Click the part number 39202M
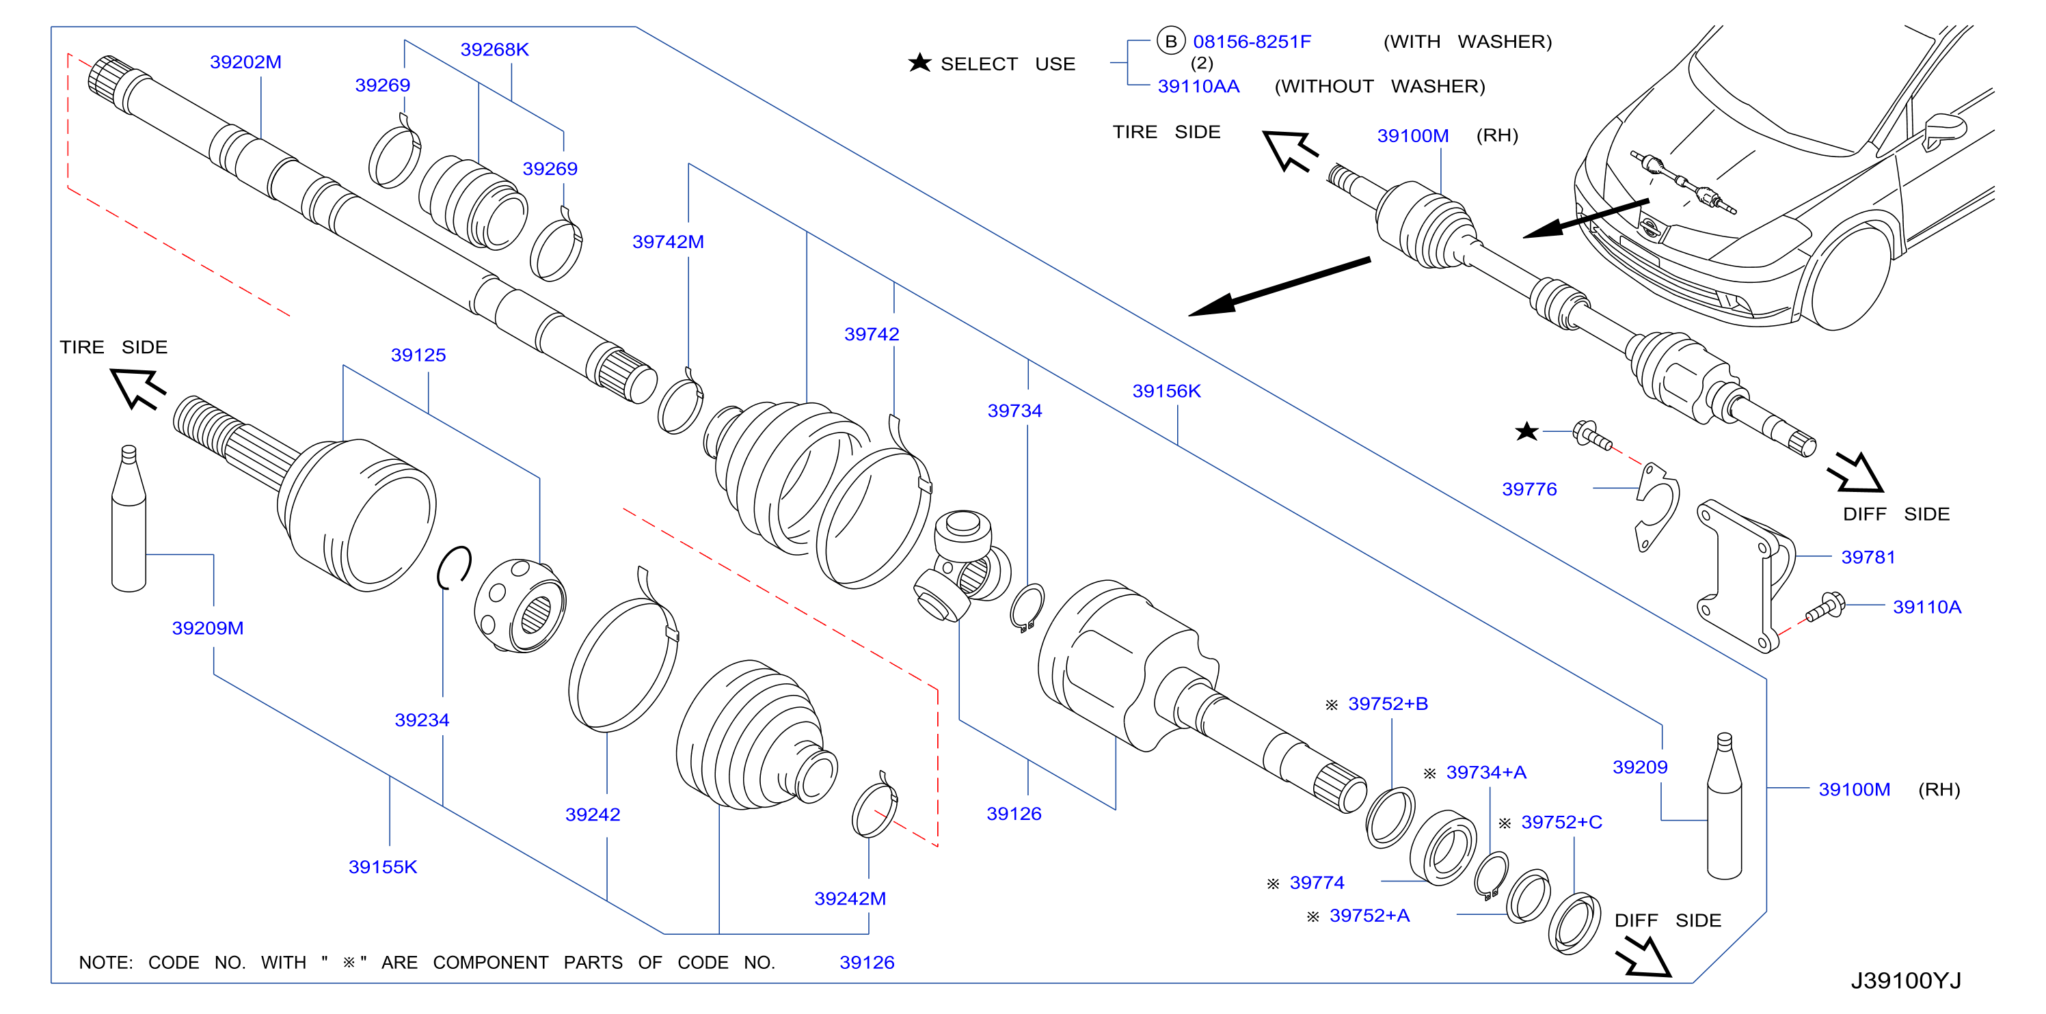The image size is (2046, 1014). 245,62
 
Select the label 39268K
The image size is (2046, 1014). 494,49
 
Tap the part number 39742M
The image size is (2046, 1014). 668,241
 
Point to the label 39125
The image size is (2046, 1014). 418,355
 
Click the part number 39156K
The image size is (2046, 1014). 1167,391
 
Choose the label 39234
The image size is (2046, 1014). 422,720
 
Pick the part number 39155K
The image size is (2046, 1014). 383,866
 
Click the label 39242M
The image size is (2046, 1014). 850,898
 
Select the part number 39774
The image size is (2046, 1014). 1317,882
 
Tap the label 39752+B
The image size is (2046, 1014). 1388,704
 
